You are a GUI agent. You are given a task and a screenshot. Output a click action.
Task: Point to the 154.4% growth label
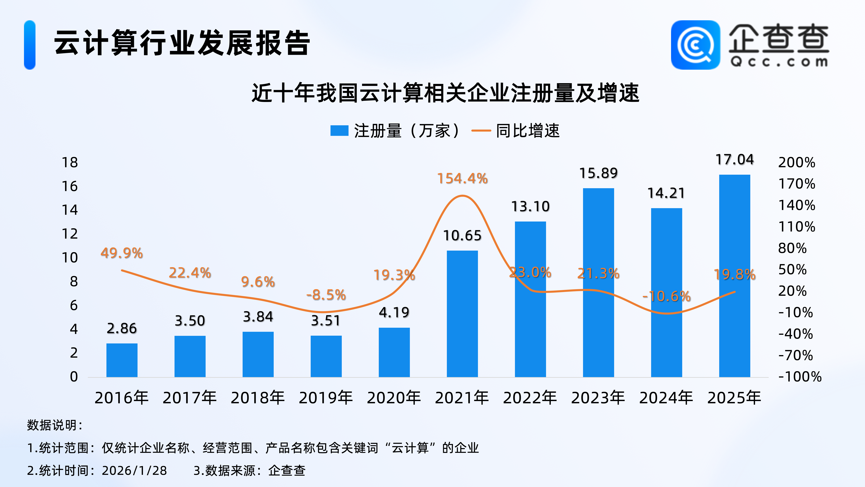(462, 178)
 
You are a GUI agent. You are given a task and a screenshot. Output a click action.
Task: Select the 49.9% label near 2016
(122, 253)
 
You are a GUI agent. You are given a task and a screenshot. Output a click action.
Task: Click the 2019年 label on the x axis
(326, 398)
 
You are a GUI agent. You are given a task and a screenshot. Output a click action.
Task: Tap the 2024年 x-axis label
(666, 398)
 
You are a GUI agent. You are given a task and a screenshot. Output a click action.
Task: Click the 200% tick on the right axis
(797, 163)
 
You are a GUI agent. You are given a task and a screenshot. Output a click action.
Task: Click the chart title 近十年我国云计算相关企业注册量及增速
(446, 93)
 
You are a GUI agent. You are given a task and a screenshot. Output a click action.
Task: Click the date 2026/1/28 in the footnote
(134, 471)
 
